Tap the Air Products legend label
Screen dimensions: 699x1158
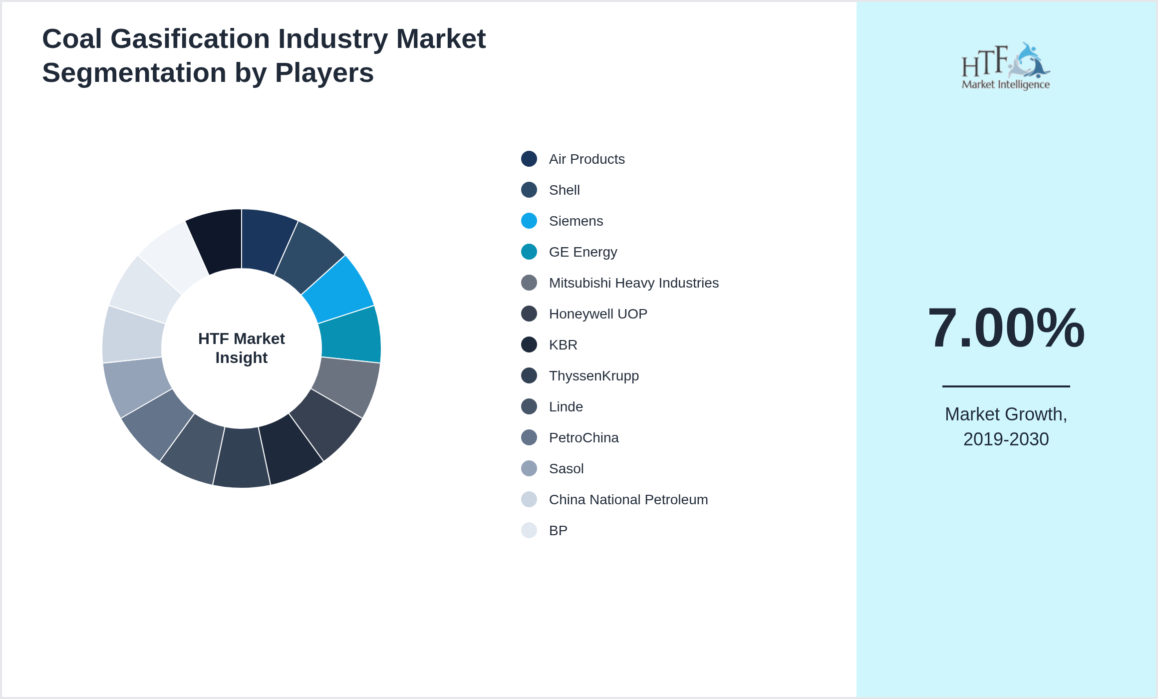pos(586,159)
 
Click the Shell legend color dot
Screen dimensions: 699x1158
pos(529,190)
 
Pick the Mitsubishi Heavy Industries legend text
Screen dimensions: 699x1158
pos(633,283)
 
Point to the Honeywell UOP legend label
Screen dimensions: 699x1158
pos(597,314)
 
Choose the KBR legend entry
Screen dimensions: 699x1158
pos(563,345)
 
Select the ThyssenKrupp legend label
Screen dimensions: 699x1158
pos(593,376)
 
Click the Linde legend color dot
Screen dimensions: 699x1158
pos(529,407)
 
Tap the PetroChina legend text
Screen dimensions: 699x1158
pos(583,438)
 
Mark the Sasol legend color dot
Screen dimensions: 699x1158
pos(529,469)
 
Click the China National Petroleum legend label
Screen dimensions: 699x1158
pos(628,500)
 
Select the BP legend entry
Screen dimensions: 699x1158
pos(558,531)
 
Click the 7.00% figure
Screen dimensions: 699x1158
pos(1006,328)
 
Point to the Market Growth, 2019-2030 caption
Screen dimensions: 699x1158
pos(1006,426)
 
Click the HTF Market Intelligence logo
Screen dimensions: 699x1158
pos(1006,66)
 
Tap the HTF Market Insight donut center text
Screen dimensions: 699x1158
pos(242,348)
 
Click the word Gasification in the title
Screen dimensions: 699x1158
pos(190,39)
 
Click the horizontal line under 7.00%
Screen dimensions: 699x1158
pos(1006,386)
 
